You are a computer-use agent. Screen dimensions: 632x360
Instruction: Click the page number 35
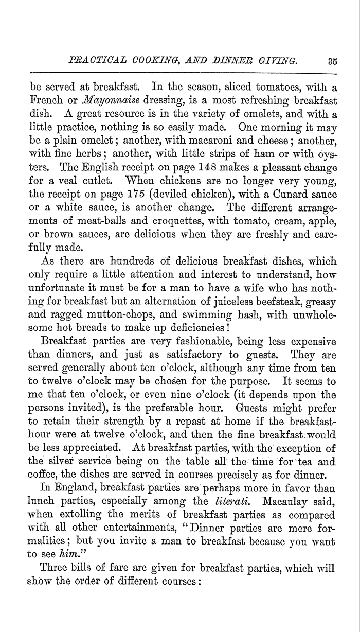coord(332,61)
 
